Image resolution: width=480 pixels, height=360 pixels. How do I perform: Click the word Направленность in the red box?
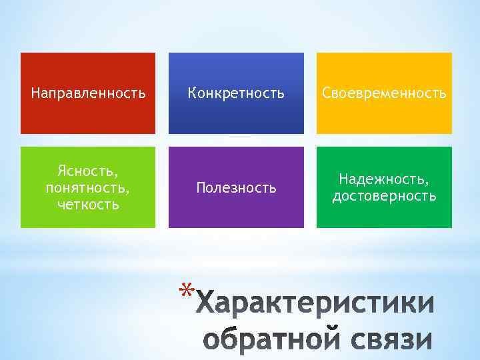point(88,93)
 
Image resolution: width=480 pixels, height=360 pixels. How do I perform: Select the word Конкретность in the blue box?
point(236,93)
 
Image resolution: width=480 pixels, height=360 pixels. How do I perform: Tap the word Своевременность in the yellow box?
point(384,93)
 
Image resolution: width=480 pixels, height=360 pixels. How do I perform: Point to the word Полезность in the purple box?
point(236,188)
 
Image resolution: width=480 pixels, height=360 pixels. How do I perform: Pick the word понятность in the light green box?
point(87,188)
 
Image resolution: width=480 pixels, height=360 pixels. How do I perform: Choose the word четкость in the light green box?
point(88,204)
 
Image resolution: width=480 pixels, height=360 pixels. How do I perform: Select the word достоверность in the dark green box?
point(384,196)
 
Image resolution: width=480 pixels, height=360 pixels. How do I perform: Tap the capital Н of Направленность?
point(35,93)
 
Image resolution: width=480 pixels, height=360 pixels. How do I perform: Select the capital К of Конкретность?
point(191,93)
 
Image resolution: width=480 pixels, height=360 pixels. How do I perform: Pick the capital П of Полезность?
point(200,188)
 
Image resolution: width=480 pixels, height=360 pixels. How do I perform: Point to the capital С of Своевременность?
point(327,93)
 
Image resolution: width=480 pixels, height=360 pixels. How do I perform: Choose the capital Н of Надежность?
point(343,179)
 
